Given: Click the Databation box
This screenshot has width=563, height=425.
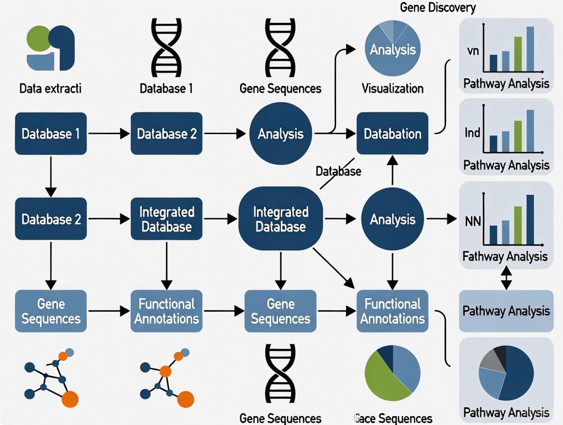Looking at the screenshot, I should click(392, 134).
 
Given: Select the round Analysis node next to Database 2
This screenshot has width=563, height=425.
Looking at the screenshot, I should click(280, 134).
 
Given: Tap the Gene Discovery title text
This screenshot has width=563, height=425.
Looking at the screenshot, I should click(438, 8).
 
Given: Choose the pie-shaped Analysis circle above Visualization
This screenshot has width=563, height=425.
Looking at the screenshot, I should click(392, 50).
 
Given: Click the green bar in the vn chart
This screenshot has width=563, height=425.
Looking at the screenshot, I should click(518, 54).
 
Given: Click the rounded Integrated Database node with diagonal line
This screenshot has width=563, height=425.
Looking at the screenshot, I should click(280, 219).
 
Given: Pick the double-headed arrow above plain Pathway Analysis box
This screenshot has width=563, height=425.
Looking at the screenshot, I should click(506, 278).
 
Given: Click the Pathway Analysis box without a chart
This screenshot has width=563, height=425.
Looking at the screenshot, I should click(506, 311).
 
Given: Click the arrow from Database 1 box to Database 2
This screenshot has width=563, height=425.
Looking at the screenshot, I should click(108, 134).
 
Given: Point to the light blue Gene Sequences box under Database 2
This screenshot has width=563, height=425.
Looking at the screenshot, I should click(50, 311).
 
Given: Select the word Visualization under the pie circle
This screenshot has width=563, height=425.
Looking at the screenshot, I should click(392, 88).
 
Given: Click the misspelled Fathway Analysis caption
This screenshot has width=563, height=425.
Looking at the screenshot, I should click(505, 256).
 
